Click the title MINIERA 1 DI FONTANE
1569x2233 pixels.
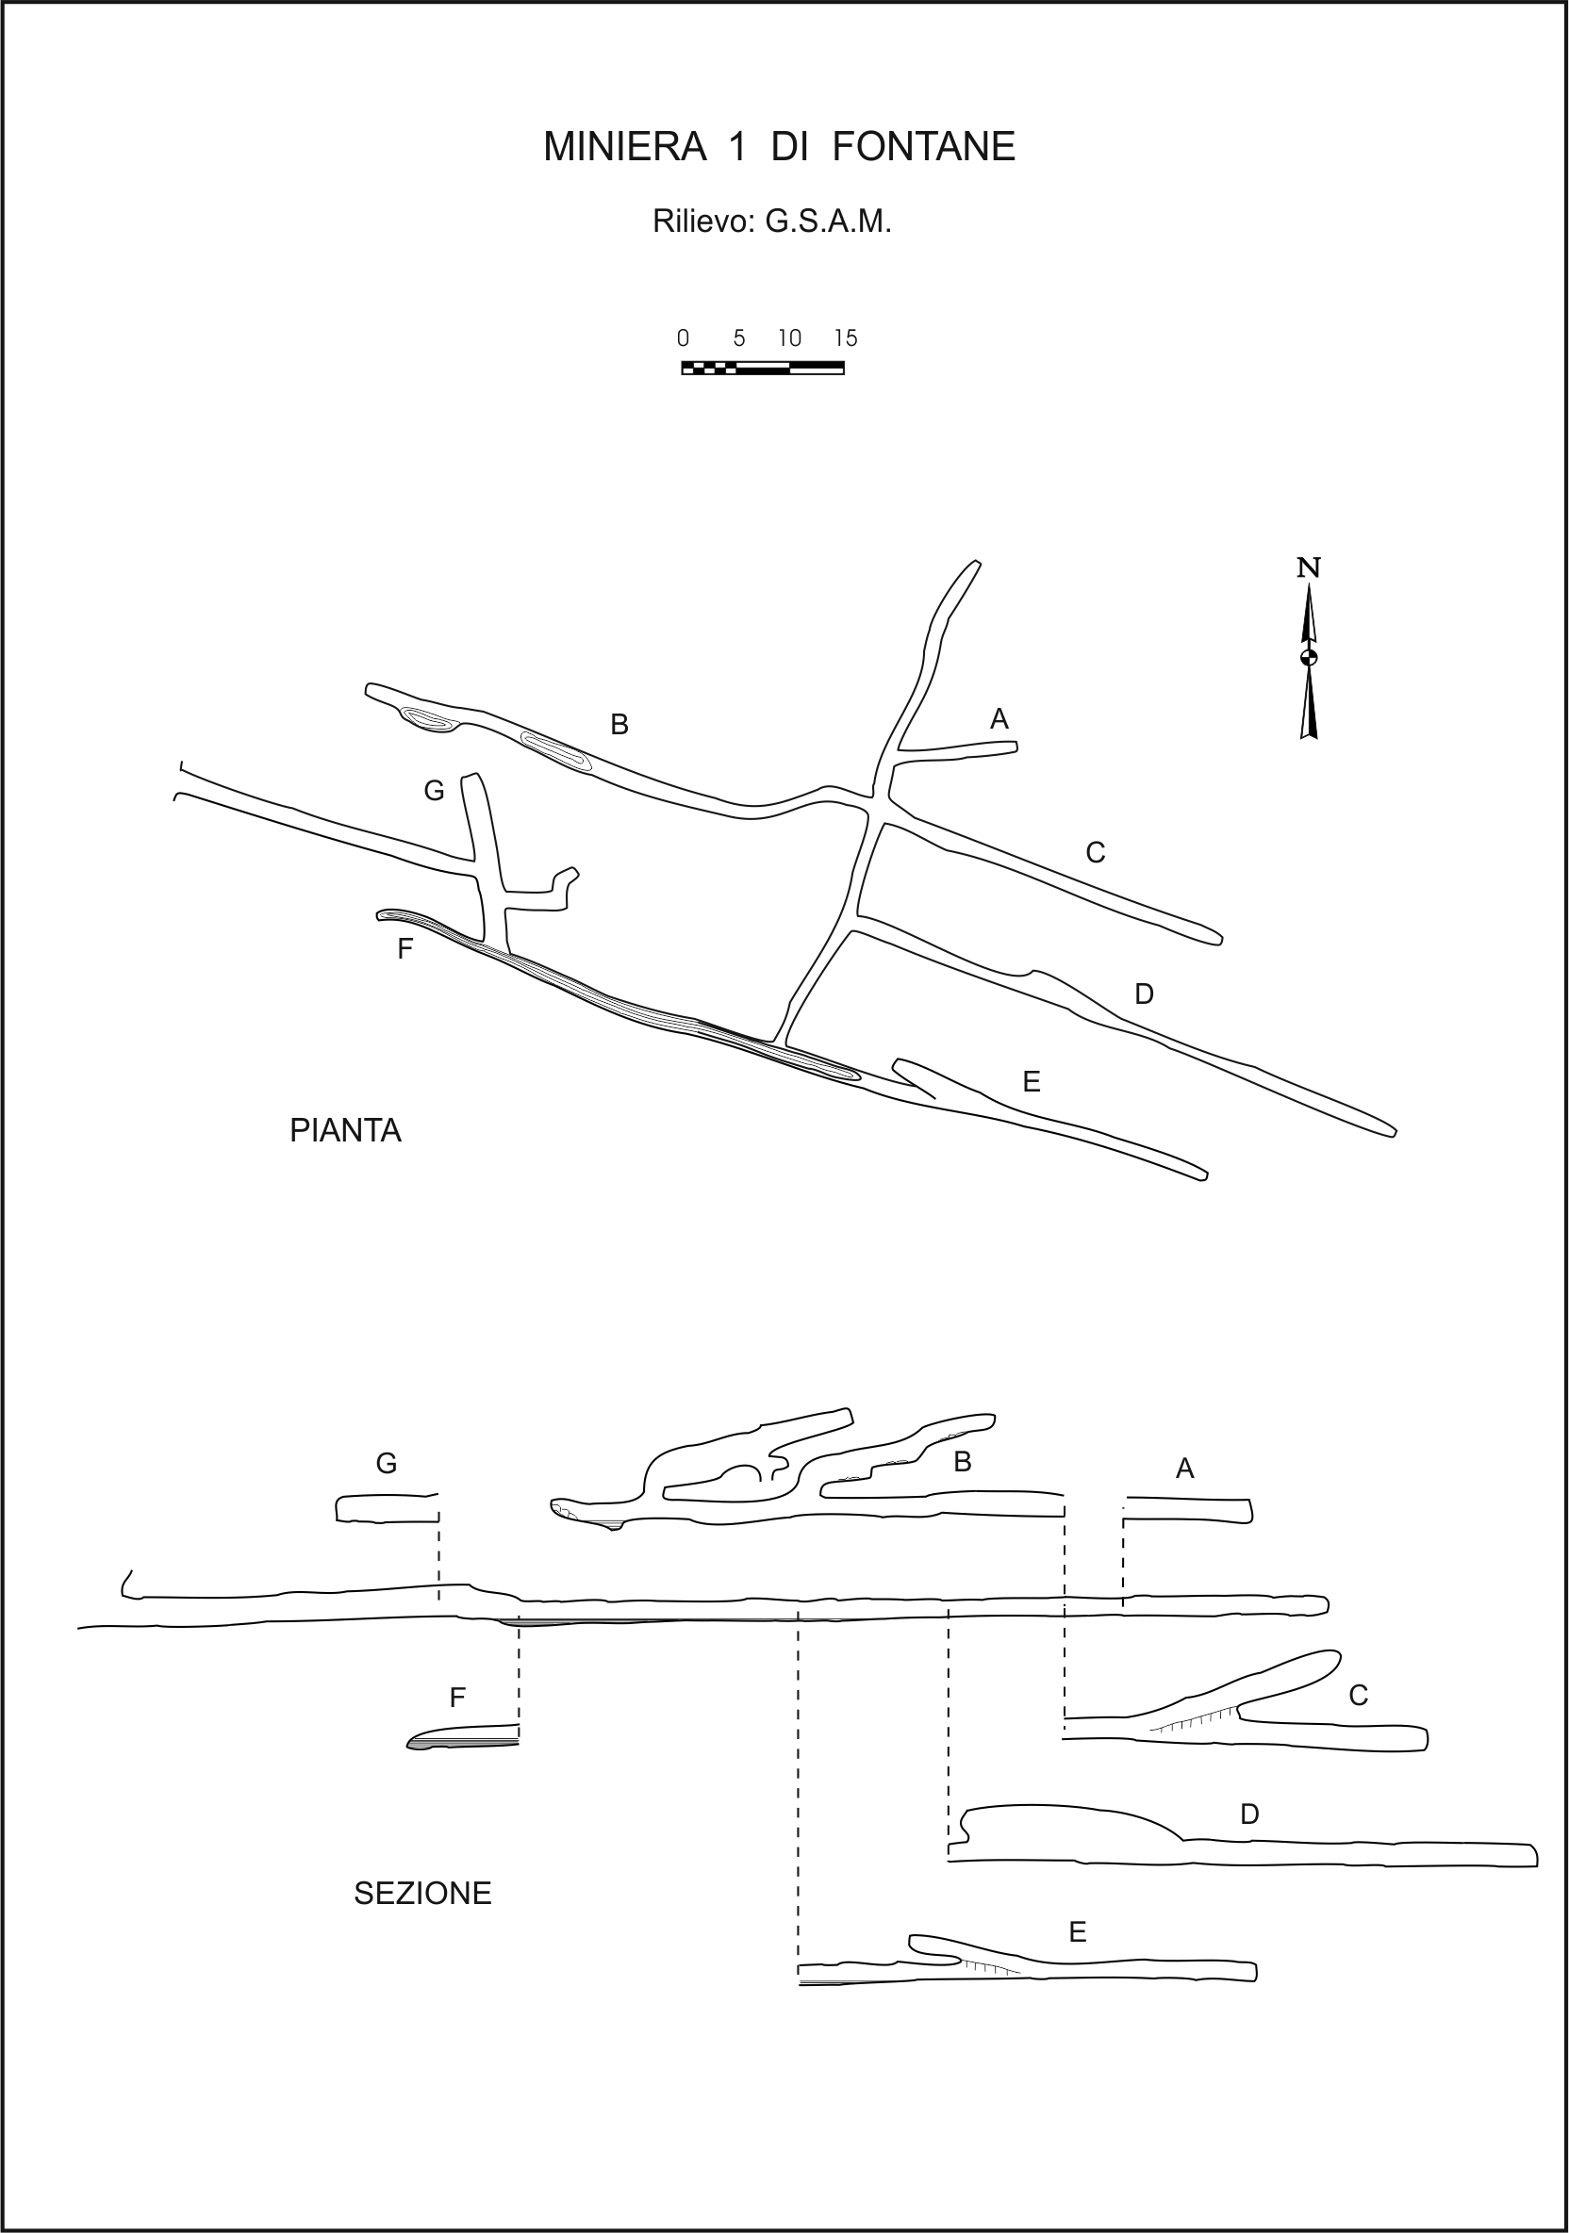[x=779, y=147]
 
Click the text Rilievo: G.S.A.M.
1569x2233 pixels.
[x=771, y=222]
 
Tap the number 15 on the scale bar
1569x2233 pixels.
[x=845, y=337]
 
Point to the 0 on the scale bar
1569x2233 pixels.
[x=683, y=337]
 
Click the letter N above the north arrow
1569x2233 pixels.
[x=1309, y=568]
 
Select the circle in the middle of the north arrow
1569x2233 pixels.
[x=1309, y=657]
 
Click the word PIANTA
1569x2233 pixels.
[x=345, y=1130]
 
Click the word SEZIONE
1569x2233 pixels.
[x=423, y=1893]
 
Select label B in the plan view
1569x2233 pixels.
[x=619, y=725]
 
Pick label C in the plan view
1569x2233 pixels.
[x=1096, y=853]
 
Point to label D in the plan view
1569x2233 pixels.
[x=1144, y=993]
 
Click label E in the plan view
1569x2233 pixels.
[x=1032, y=1081]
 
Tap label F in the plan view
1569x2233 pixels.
[x=405, y=949]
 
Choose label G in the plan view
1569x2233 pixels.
[x=434, y=792]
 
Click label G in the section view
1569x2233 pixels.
[x=387, y=1464]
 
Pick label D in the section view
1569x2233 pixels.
[x=1250, y=1814]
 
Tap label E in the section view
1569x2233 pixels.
[x=1077, y=1932]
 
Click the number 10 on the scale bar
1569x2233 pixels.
[x=790, y=337]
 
